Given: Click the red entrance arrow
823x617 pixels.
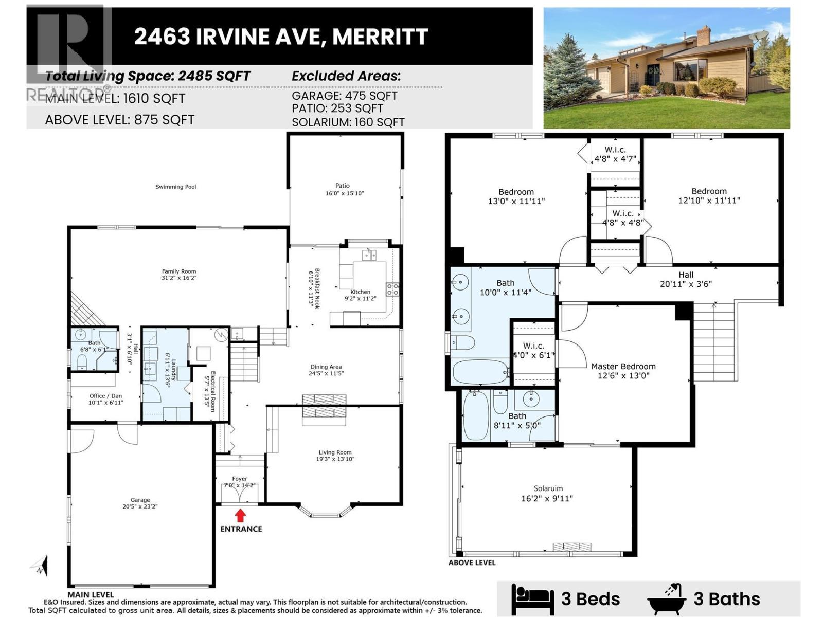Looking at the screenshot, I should [x=240, y=515].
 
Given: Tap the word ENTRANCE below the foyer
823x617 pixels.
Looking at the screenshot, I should [x=241, y=529].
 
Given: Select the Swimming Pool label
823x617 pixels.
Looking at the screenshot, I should [x=176, y=187].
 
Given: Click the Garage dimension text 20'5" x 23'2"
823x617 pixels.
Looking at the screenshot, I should [x=140, y=506].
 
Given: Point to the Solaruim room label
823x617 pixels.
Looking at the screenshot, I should [x=548, y=488].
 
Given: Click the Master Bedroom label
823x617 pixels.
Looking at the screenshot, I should [x=623, y=366].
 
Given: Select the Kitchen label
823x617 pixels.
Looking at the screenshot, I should [x=360, y=292].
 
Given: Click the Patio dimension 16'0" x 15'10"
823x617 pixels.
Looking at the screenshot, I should [x=345, y=193].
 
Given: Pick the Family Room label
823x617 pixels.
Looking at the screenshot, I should [x=179, y=271].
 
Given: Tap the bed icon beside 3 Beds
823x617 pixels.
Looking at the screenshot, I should [x=532, y=599].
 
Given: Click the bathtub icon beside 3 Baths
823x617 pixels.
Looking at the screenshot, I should [x=667, y=599].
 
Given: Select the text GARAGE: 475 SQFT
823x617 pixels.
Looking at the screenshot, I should [x=344, y=96].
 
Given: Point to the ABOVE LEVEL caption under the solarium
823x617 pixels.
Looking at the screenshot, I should [x=472, y=562].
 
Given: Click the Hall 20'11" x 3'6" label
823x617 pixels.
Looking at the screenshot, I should [x=686, y=279].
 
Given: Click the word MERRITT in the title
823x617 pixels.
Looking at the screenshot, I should [x=380, y=37].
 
